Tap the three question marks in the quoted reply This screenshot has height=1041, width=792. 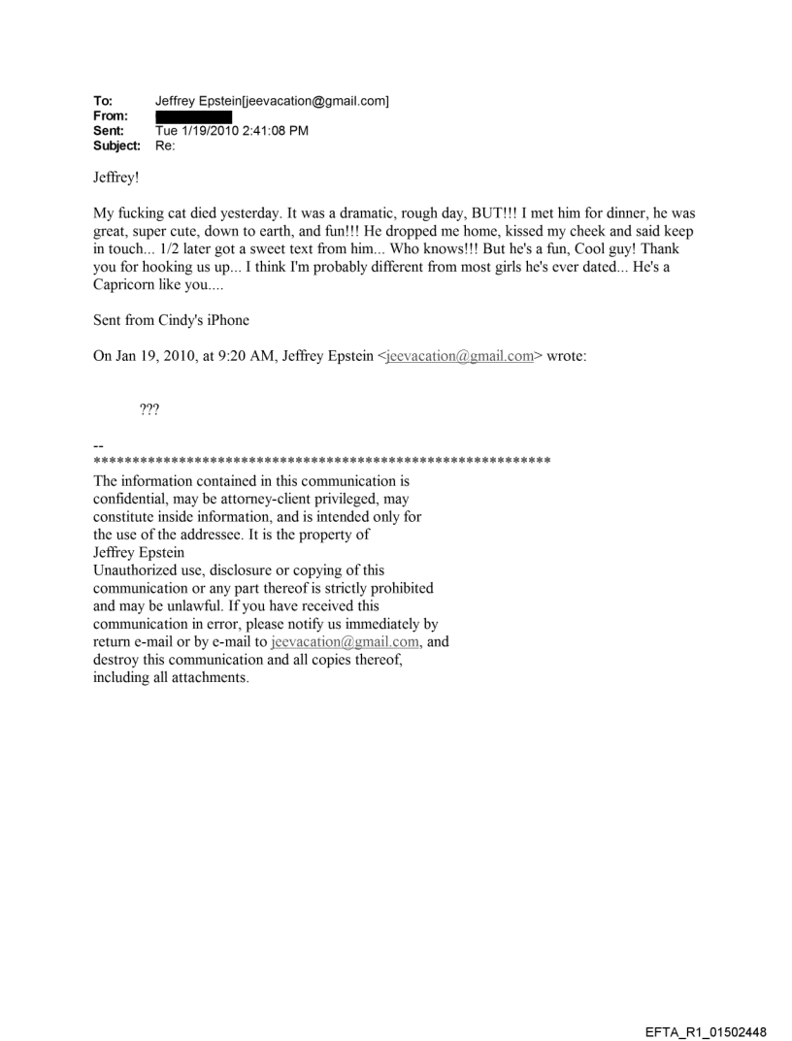pos(150,410)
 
